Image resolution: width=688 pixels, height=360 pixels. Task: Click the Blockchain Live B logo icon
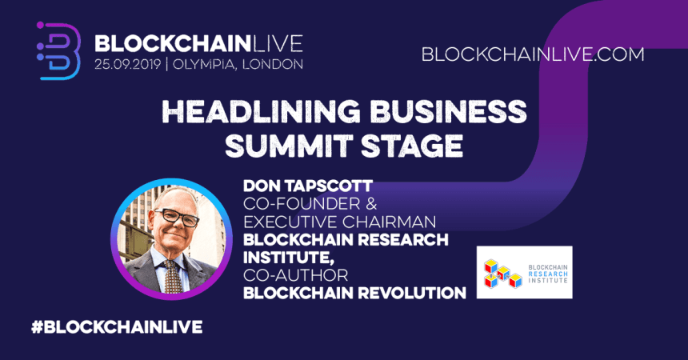coord(59,50)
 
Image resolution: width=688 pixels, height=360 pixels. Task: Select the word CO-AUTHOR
coord(287,274)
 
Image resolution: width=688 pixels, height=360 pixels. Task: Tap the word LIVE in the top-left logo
coord(274,41)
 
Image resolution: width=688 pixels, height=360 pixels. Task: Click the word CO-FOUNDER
coord(295,204)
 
